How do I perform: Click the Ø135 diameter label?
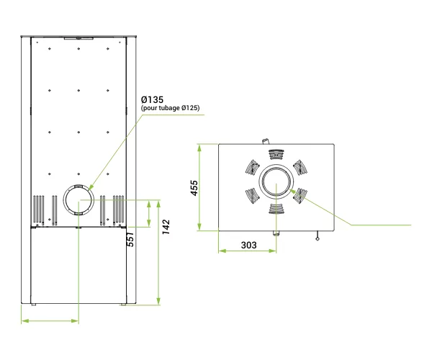coord(152,99)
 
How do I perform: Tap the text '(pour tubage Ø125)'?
coord(170,108)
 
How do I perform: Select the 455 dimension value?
coord(194,188)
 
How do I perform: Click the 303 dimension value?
coord(248,245)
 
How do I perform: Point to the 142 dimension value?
coord(166,227)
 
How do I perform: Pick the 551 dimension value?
coord(130,239)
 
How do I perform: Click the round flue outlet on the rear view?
coord(78,199)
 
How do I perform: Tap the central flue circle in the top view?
coord(276,181)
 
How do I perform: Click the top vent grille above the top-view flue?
coord(276,155)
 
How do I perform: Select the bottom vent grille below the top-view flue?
coord(276,209)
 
